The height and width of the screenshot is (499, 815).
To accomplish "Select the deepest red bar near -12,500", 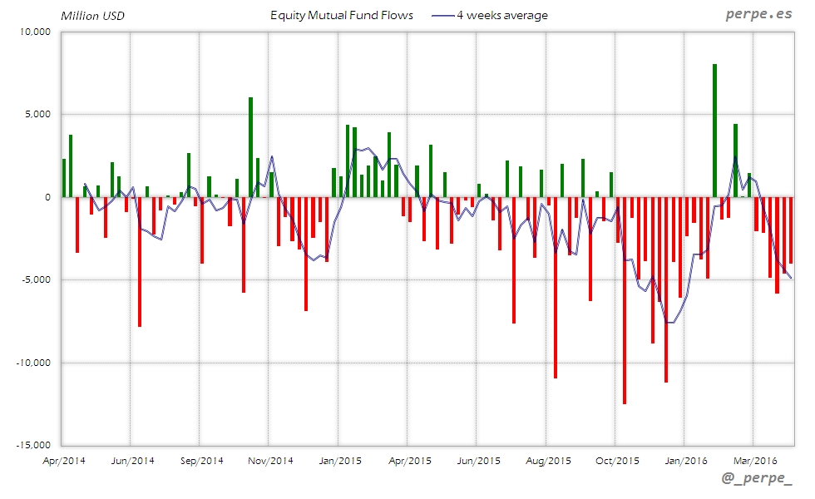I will [x=625, y=300].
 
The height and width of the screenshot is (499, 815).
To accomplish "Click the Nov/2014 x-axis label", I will [x=269, y=460].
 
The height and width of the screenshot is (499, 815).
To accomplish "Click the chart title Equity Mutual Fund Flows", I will [x=342, y=15].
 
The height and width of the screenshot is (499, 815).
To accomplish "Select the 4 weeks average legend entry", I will [x=491, y=15].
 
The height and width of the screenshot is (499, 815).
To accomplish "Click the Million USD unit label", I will [x=92, y=15].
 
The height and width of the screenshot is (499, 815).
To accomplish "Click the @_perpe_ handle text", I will [x=758, y=478].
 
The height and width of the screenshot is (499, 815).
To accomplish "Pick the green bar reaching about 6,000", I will [x=250, y=147].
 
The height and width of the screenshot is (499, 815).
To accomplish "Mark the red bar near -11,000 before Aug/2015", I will [x=556, y=287].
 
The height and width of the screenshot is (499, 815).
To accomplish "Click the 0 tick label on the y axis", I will [x=48, y=197].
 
